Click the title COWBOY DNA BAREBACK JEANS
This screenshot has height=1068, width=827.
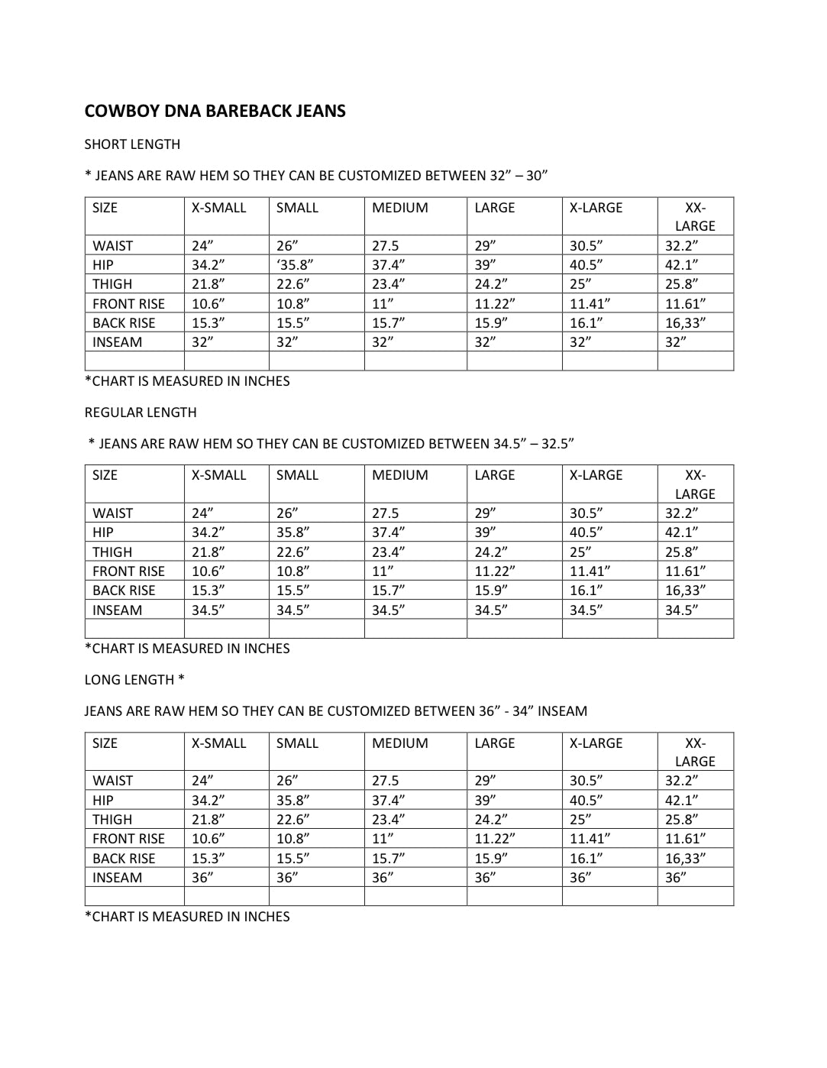(x=215, y=112)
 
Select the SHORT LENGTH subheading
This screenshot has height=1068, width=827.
(x=132, y=144)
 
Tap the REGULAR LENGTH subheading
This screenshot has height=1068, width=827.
(x=141, y=413)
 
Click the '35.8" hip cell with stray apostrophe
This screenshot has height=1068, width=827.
(x=295, y=265)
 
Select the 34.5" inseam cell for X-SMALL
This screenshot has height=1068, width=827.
(x=208, y=610)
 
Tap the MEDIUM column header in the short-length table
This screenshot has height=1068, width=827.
(x=399, y=208)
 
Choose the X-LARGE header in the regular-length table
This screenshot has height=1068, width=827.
(x=596, y=475)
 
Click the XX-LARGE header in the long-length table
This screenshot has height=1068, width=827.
(x=695, y=752)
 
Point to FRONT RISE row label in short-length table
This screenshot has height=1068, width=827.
(x=128, y=304)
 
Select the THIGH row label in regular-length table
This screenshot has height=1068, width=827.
(x=112, y=552)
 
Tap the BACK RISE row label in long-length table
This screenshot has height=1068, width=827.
(x=124, y=859)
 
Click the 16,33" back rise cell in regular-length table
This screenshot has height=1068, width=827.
(x=685, y=591)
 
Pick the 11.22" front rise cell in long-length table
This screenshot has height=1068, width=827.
(x=494, y=839)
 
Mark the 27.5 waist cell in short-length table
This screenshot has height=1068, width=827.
(x=385, y=246)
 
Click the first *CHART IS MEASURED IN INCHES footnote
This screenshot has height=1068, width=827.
(x=187, y=381)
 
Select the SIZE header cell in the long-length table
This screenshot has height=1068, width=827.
(x=105, y=743)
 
